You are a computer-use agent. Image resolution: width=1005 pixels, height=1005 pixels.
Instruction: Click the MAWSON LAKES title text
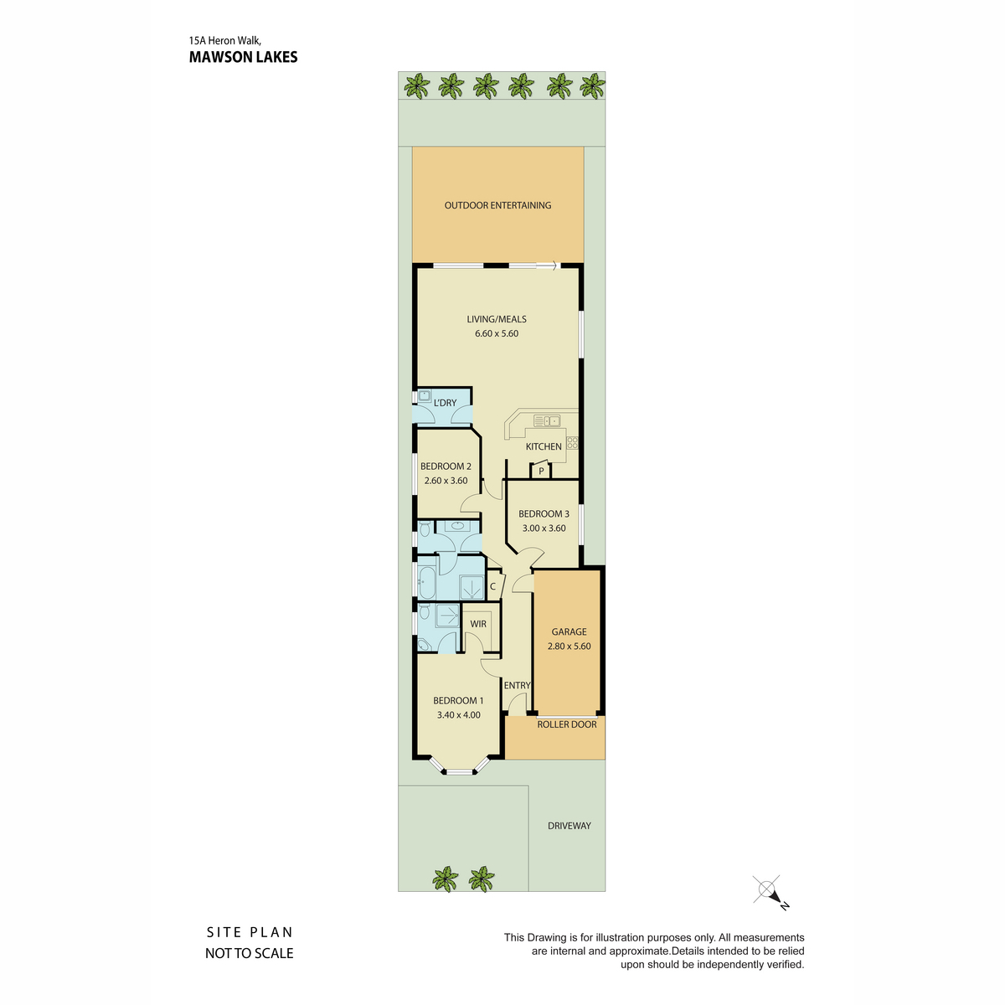coord(243,57)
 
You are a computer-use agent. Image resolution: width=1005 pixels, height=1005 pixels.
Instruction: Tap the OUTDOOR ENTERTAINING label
coord(497,205)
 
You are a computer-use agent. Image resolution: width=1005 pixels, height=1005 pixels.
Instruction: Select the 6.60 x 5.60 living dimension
coord(496,334)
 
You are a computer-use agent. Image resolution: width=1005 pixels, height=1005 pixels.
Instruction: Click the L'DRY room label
coord(445,403)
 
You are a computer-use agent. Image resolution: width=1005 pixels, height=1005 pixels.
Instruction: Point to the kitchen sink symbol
coord(547,420)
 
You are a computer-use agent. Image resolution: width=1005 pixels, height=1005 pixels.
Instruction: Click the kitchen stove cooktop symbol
coord(572,443)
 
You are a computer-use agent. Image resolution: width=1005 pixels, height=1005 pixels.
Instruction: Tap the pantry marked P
coord(541,471)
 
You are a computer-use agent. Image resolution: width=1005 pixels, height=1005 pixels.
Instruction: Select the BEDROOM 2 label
coord(446,466)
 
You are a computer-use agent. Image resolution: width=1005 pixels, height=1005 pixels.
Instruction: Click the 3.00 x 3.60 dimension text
coord(544,528)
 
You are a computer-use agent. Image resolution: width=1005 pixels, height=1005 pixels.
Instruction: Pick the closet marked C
coord(494,586)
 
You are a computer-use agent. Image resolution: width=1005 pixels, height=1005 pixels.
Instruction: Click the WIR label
coord(478,624)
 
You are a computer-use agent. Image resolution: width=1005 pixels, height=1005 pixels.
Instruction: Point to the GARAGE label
coord(569,631)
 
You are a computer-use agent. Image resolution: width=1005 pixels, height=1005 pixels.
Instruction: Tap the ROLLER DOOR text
coord(567,724)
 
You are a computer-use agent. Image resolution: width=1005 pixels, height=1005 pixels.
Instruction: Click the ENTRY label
coord(517,685)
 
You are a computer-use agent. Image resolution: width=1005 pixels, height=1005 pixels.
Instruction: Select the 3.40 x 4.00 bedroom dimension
coord(458,715)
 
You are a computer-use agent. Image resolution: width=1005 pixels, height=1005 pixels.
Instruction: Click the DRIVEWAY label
coord(569,826)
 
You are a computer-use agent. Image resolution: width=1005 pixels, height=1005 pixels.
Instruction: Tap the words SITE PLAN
coord(250,932)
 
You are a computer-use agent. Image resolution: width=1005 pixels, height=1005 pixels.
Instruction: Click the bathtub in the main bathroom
coord(427,583)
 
